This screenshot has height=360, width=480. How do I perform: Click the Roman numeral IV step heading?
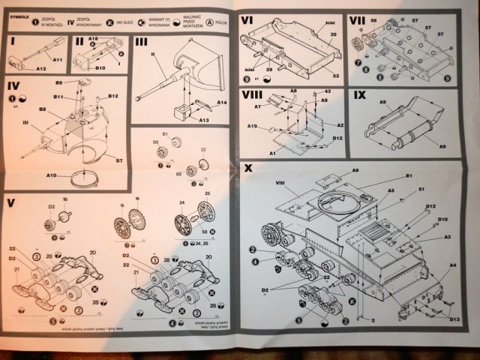tap(13, 85)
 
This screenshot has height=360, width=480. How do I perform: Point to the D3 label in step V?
tap(52, 207)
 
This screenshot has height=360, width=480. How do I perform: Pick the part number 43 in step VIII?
tap(328, 91)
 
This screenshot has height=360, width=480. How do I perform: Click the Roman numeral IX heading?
tap(360, 96)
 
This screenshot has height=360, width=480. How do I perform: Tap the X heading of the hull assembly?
tap(248, 168)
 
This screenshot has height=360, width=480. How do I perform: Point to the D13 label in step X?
tap(455, 319)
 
